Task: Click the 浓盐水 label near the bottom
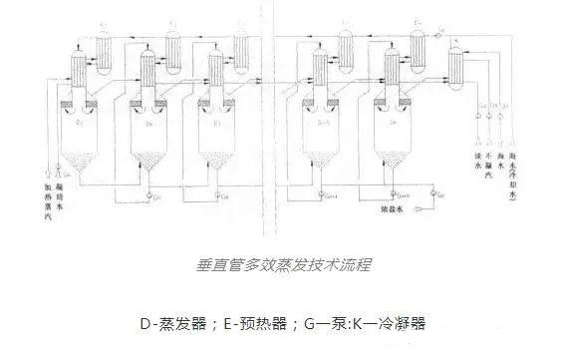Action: [393, 210]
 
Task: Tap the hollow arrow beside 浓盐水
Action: [416, 210]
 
